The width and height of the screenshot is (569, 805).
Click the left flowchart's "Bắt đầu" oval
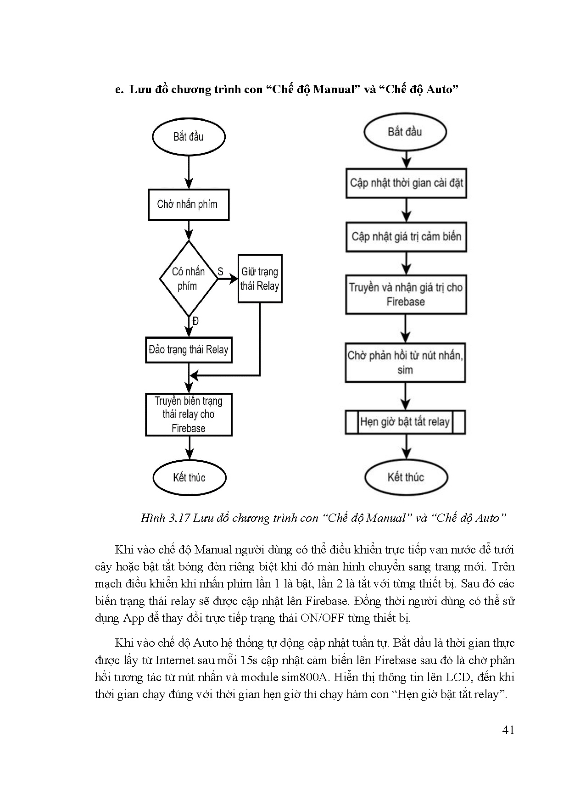point(189,137)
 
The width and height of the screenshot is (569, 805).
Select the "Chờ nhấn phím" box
point(189,204)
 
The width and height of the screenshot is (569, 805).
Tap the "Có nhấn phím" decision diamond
point(188,279)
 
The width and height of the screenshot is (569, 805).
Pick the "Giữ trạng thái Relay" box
point(260,279)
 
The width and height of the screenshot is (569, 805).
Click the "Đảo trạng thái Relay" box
point(189,350)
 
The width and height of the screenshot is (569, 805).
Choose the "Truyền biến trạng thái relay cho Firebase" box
point(189,414)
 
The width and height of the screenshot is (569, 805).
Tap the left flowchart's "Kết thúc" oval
point(189,477)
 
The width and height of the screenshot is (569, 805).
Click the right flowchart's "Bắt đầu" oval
point(405,132)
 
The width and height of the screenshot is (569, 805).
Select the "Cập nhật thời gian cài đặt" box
point(406,183)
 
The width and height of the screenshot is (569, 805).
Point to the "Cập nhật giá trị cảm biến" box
point(406,237)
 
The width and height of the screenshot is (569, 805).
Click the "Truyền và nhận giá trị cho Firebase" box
point(406,295)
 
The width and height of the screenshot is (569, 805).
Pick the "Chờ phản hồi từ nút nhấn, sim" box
point(405,363)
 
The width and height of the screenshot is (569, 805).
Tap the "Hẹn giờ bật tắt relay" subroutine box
point(405,422)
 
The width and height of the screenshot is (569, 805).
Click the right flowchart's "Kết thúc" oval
point(406,477)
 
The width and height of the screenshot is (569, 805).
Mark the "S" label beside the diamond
point(220,272)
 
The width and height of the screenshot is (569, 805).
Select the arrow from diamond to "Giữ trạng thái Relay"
point(228,279)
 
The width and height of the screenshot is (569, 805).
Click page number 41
point(508,730)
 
